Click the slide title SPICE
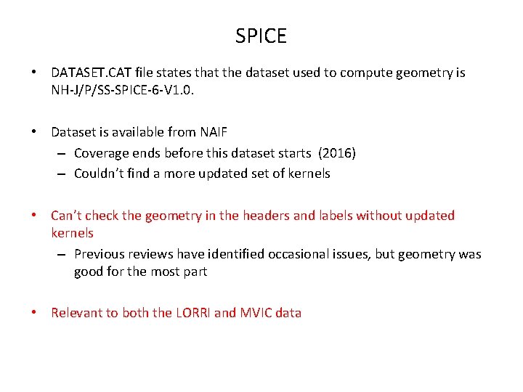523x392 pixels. pos(261,36)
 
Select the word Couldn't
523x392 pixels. pos(100,173)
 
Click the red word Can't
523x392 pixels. pos(66,216)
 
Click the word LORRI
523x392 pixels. pos(192,313)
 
